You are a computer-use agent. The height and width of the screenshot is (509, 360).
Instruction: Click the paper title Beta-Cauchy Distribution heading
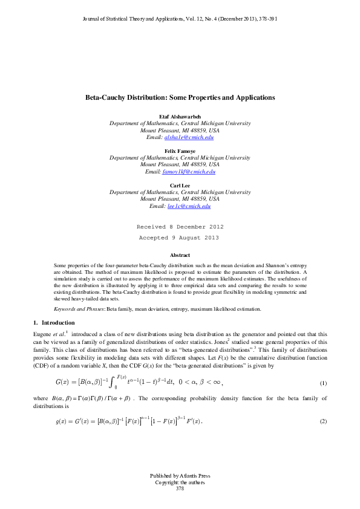(180, 97)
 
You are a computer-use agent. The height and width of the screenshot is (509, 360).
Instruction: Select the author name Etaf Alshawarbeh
(180, 115)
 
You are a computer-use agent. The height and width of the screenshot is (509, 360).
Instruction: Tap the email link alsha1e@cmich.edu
(189, 138)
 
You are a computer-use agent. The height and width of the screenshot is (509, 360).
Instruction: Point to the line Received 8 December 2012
(180, 227)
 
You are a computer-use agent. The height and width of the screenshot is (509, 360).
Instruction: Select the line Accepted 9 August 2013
(180, 238)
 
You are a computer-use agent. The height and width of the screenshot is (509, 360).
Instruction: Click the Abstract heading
(180, 256)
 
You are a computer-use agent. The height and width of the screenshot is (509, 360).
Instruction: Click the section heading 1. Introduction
(53, 323)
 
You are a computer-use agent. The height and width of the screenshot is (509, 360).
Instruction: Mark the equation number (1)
(323, 384)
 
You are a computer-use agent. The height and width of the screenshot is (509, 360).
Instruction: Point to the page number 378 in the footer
(180, 488)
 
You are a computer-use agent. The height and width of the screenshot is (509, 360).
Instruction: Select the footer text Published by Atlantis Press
(180, 476)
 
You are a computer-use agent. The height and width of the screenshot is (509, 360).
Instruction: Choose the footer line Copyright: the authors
(180, 482)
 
